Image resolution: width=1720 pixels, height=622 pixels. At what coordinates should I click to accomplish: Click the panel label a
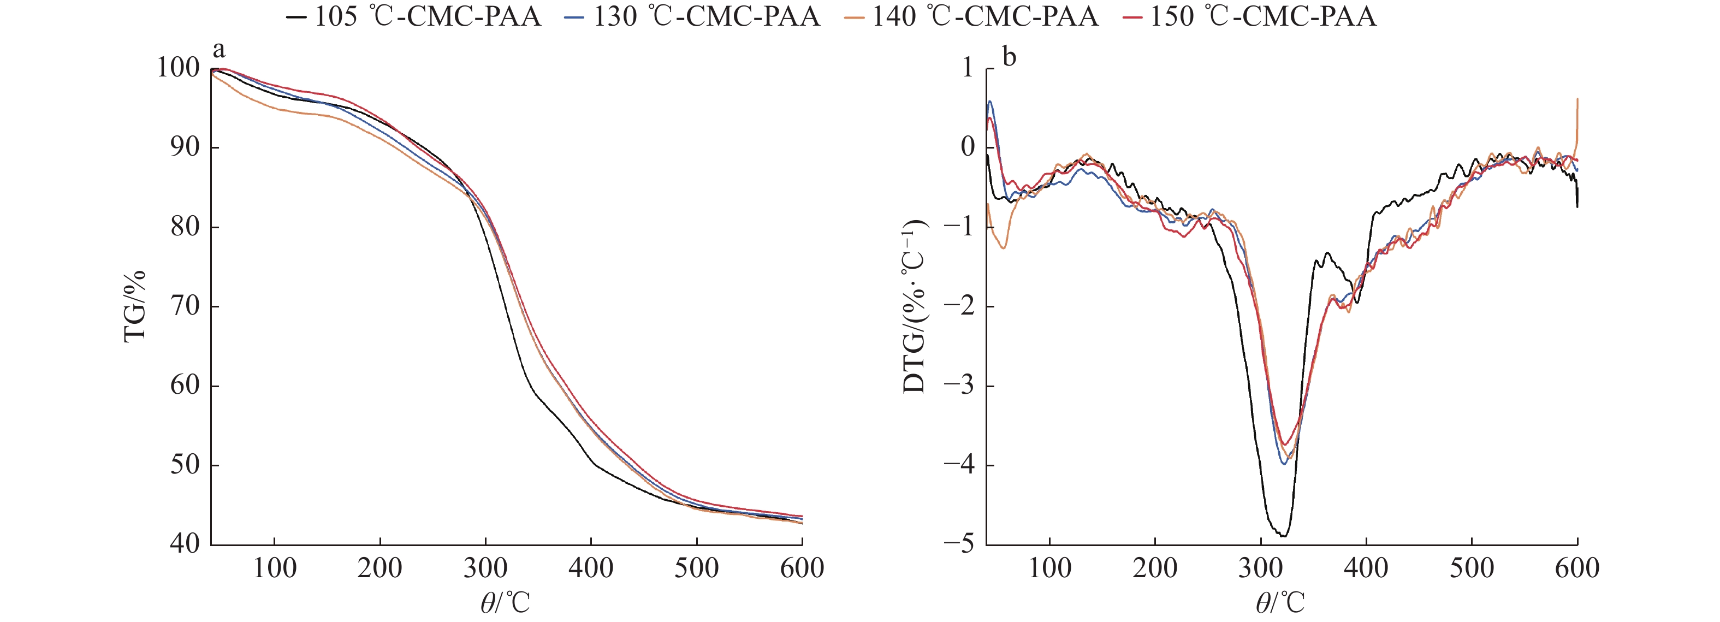pyautogui.click(x=219, y=50)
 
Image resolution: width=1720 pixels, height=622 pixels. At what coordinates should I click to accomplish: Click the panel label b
pyautogui.click(x=1009, y=57)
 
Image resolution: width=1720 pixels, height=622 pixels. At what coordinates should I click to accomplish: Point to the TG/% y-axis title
pyautogui.click(x=135, y=306)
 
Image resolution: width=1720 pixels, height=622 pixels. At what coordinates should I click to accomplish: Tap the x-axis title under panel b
pyautogui.click(x=1279, y=603)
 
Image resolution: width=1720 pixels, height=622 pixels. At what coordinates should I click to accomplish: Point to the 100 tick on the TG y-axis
pyautogui.click(x=178, y=68)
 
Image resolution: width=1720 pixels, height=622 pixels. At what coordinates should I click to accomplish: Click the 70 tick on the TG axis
pyautogui.click(x=185, y=306)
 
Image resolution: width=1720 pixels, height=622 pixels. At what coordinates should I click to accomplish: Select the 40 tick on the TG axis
pyautogui.click(x=185, y=544)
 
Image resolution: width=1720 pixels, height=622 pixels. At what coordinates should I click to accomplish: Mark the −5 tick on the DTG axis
pyautogui.click(x=959, y=544)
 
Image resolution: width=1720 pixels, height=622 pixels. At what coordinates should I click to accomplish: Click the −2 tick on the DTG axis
pyautogui.click(x=959, y=306)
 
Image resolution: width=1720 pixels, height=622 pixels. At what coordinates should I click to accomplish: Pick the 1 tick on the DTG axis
pyautogui.click(x=968, y=68)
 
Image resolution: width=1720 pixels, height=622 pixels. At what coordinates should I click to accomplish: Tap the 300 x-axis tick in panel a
pyautogui.click(x=485, y=568)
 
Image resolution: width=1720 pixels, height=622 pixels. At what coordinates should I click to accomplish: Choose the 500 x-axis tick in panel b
pyautogui.click(x=1472, y=568)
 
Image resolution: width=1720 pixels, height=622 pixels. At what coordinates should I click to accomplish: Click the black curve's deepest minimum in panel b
pyautogui.click(x=1283, y=536)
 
